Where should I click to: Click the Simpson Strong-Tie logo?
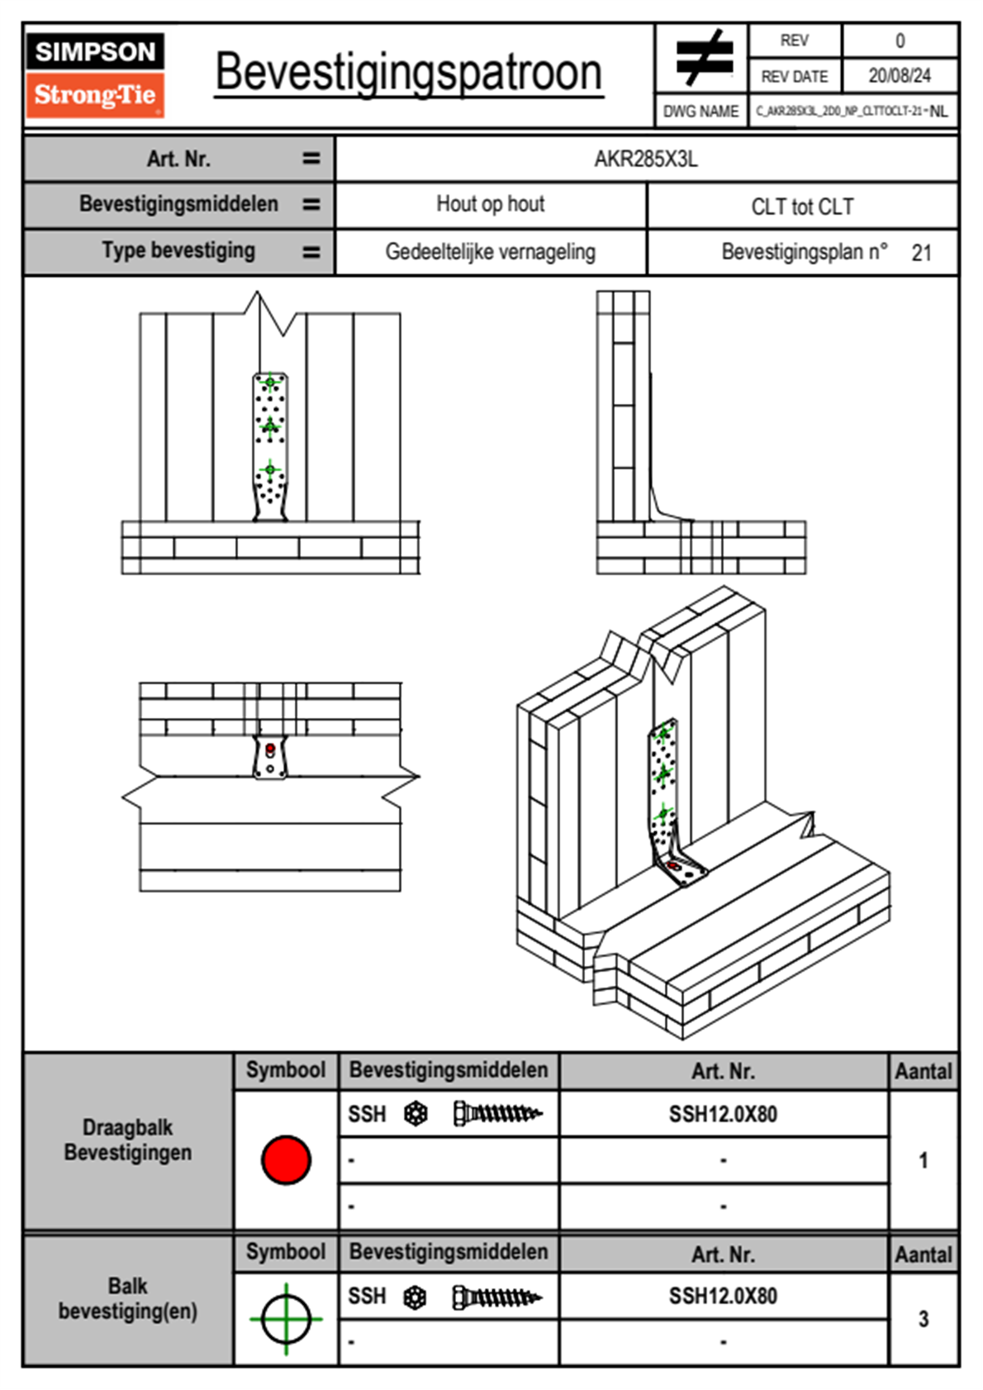pyautogui.click(x=95, y=75)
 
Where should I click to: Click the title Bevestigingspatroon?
pyautogui.click(x=408, y=73)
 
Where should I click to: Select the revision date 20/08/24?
pyautogui.click(x=899, y=76)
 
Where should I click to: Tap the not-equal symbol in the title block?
pyautogui.click(x=703, y=59)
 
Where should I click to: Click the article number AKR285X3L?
pyautogui.click(x=646, y=159)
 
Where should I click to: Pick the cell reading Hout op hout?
pyautogui.click(x=490, y=204)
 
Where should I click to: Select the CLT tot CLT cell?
pyautogui.click(x=802, y=207)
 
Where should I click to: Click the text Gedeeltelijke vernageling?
pyautogui.click(x=490, y=252)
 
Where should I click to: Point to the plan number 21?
pyautogui.click(x=921, y=253)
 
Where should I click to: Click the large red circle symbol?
pyautogui.click(x=286, y=1159)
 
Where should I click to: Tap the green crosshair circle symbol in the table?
pyautogui.click(x=286, y=1319)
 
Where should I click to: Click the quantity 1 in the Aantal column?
pyautogui.click(x=923, y=1160)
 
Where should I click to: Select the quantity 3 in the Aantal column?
pyautogui.click(x=923, y=1319)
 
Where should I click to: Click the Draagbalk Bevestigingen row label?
pyautogui.click(x=128, y=1140)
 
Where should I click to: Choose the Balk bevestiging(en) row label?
pyautogui.click(x=128, y=1298)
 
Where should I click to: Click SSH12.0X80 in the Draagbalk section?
pyautogui.click(x=723, y=1114)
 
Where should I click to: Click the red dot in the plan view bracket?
pyautogui.click(x=270, y=749)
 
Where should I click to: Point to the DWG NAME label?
pyautogui.click(x=700, y=112)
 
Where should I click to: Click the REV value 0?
pyautogui.click(x=900, y=40)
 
